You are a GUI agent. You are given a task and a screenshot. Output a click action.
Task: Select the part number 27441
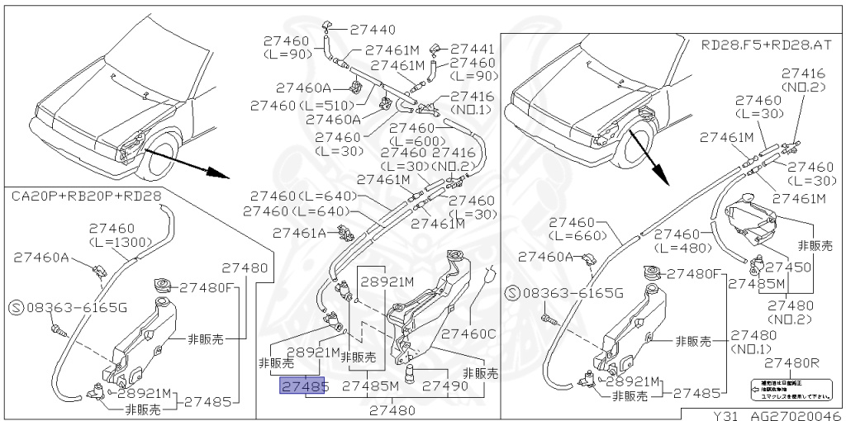tap(473, 49)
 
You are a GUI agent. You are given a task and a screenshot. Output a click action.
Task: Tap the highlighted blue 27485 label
tap(305, 386)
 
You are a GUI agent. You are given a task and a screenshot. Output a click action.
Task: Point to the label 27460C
tap(468, 334)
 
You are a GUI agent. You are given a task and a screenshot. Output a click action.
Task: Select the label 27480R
tap(791, 362)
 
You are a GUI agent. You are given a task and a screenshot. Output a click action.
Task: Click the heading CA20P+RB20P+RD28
tap(87, 196)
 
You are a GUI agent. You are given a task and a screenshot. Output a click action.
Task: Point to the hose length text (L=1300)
tap(120, 242)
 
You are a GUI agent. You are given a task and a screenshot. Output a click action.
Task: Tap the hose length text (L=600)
tap(423, 140)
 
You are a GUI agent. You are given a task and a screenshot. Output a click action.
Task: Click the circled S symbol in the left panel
tap(16, 307)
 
